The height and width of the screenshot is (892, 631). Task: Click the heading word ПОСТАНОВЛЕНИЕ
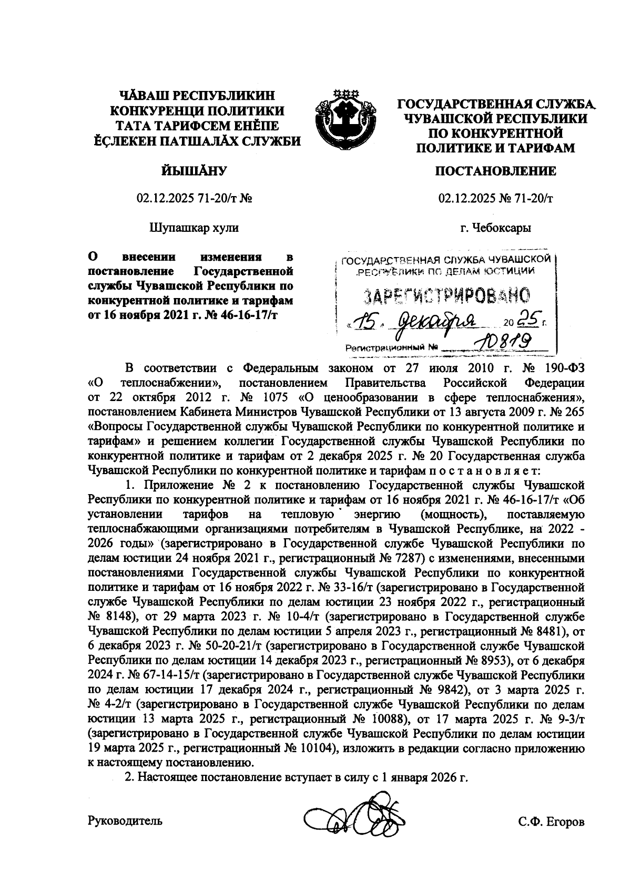[x=495, y=172]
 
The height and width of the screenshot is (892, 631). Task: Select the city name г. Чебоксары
[x=495, y=228]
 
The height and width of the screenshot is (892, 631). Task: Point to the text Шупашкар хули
[x=194, y=228]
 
